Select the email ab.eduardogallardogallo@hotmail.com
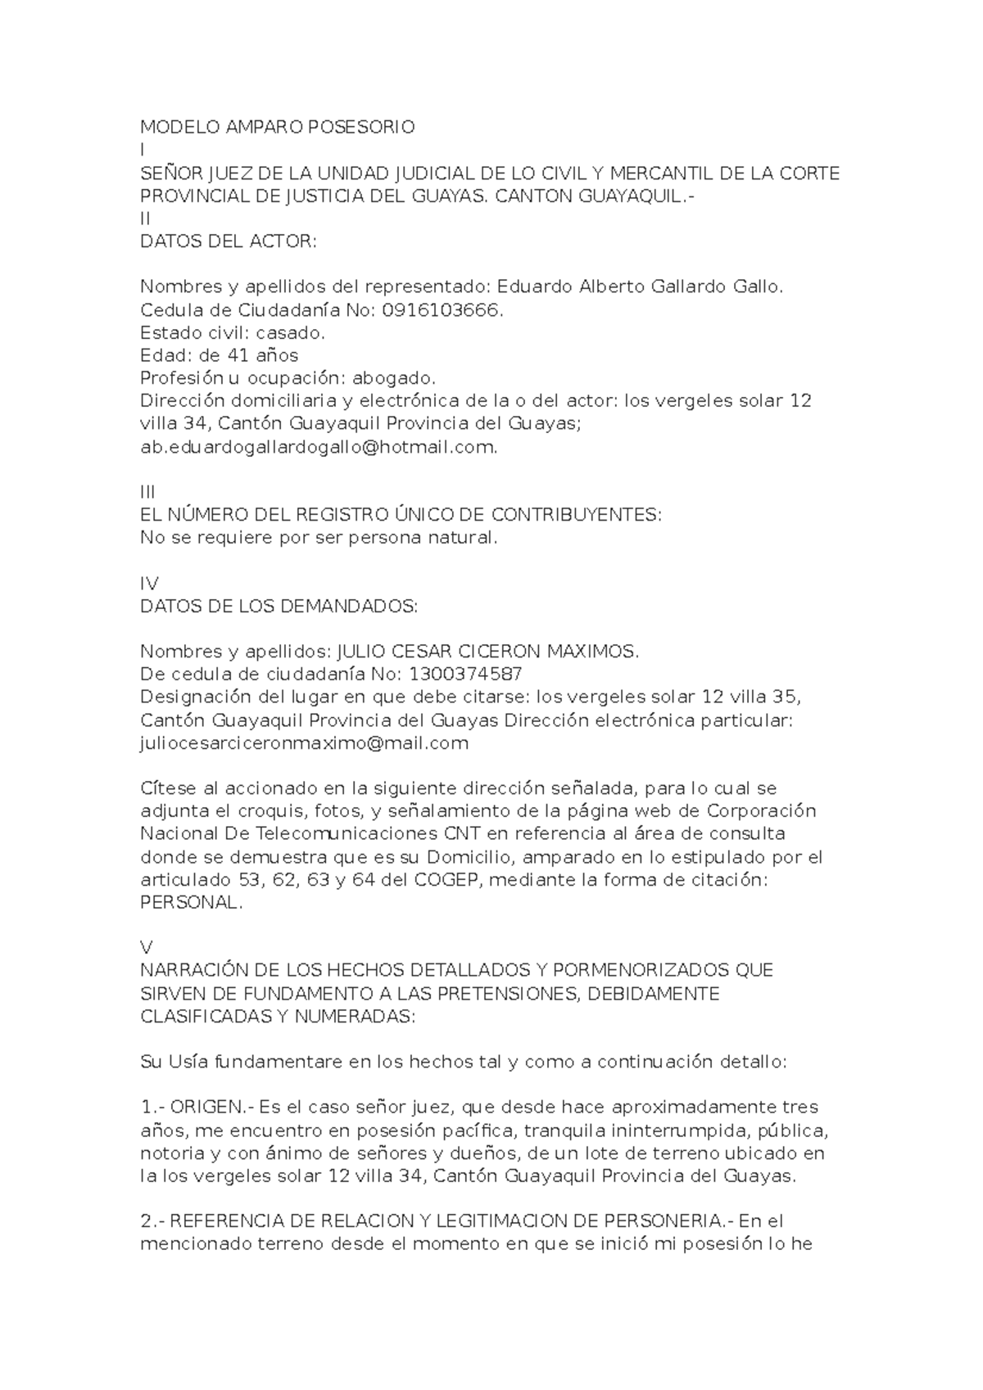click(x=319, y=447)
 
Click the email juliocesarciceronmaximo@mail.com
click(x=305, y=743)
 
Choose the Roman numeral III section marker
click(x=148, y=492)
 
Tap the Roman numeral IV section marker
click(x=150, y=584)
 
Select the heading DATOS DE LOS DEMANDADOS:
click(x=279, y=607)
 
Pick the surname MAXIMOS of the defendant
click(x=591, y=652)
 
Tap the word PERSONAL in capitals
click(x=191, y=903)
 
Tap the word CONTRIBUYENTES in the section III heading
click(x=575, y=515)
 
